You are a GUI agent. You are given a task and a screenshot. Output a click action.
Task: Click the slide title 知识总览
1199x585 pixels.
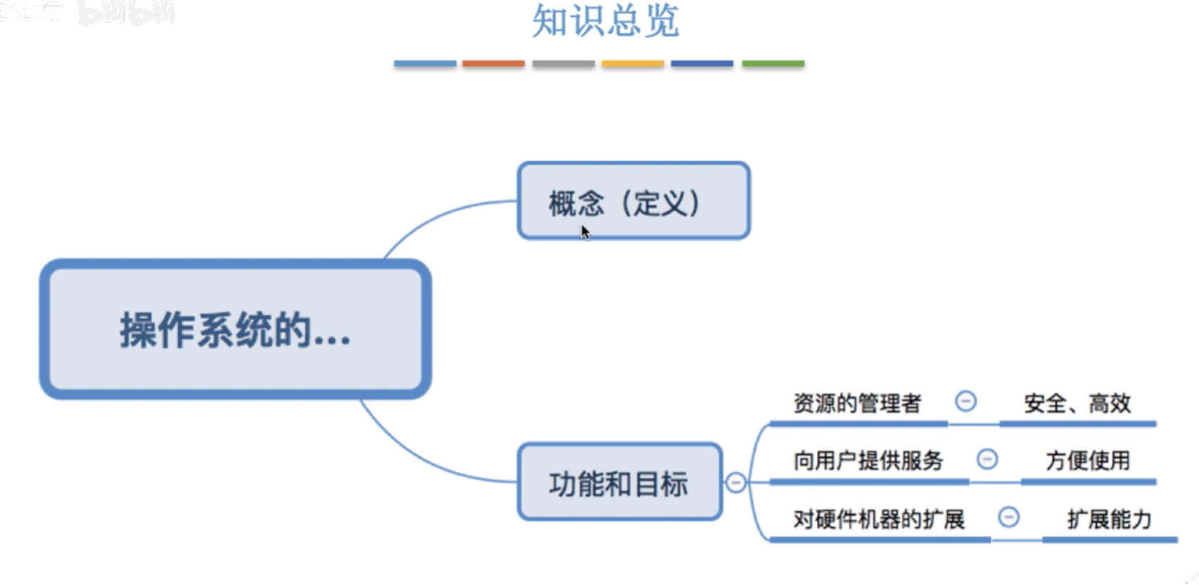pos(606,21)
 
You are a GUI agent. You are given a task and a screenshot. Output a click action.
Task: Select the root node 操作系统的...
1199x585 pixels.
pos(235,330)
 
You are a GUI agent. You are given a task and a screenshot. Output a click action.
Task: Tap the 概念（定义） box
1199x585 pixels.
pos(633,201)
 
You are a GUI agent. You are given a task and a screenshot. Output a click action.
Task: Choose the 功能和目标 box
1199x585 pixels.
pos(618,483)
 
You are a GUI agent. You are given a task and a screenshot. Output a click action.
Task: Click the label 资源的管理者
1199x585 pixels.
pos(857,404)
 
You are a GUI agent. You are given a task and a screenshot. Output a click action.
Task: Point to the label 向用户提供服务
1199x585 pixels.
pos(868,461)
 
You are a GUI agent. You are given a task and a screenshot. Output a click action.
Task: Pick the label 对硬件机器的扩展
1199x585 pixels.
pos(878,519)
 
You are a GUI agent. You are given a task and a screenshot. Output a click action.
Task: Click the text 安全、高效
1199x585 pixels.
pos(1077,404)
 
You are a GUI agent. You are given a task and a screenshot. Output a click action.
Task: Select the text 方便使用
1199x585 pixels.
pos(1088,461)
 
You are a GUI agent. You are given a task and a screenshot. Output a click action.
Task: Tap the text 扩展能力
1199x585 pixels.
pos(1109,519)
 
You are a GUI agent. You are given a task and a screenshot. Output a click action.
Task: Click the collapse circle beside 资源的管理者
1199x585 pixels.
pos(965,401)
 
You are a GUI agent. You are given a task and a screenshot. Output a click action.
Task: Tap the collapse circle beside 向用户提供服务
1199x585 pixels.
pos(987,459)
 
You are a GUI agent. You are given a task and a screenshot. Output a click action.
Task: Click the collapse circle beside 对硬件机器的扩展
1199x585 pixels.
pos(1008,516)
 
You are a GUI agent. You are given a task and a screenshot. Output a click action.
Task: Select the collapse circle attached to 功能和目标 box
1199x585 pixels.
pos(736,483)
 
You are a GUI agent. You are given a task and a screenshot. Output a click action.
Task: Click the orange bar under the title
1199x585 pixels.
pos(493,64)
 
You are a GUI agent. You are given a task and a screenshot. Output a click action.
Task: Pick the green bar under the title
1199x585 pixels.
pos(773,64)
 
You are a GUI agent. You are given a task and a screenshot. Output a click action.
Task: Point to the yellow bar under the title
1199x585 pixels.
pos(633,64)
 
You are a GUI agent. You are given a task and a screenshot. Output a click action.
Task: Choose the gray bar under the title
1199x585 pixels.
pos(563,64)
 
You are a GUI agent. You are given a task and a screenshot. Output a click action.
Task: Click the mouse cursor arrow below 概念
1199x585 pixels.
pos(585,231)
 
